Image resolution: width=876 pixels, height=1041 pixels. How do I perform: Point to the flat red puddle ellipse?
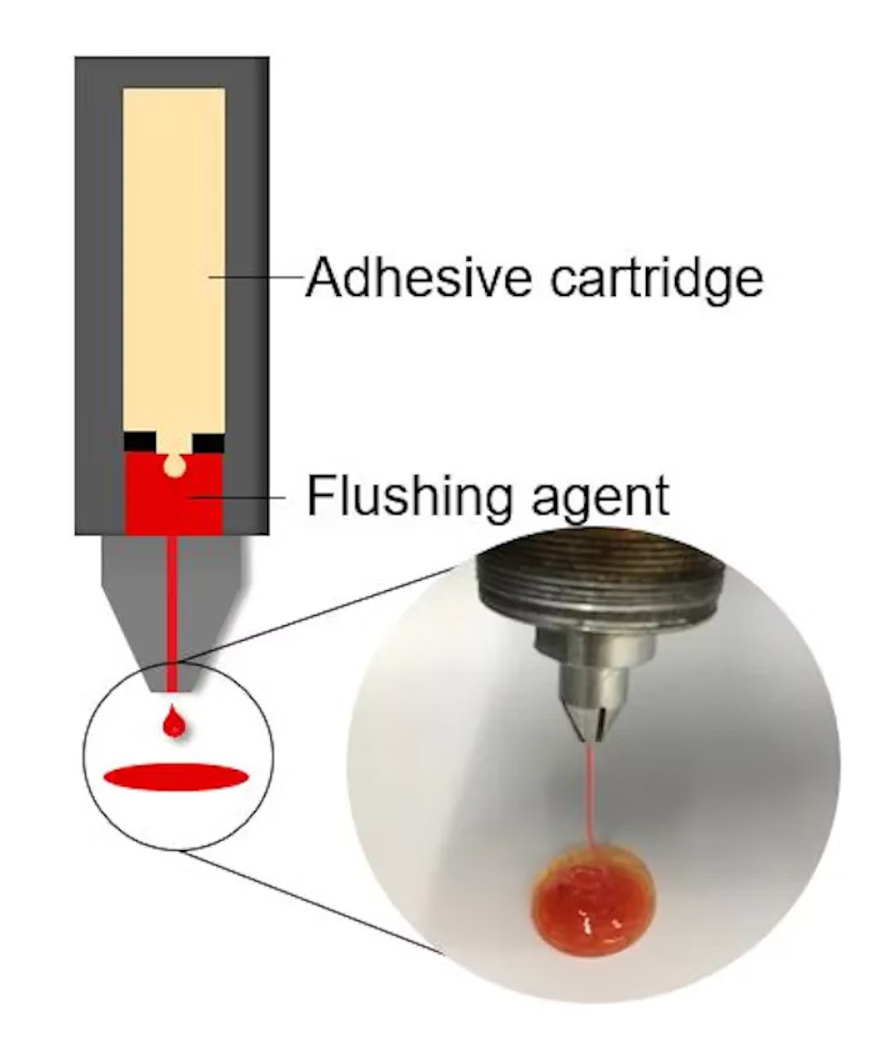(176, 776)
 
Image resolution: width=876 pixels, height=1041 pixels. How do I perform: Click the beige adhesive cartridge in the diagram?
(174, 257)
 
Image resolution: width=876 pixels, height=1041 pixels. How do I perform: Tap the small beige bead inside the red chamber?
(175, 466)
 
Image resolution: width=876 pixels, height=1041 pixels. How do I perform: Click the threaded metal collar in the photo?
(599, 582)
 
